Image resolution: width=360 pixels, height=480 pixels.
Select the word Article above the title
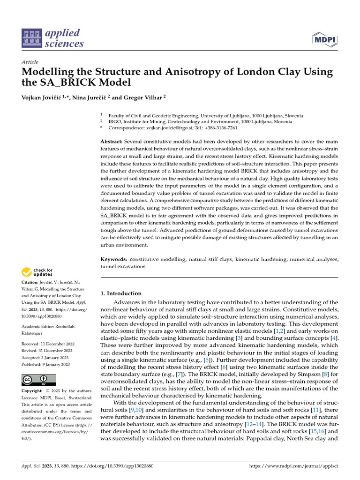30,62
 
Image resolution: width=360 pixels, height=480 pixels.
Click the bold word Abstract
112,141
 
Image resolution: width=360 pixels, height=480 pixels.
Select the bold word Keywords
114,259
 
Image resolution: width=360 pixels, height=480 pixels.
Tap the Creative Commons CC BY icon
39,380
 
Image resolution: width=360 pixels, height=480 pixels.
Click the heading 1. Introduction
121,293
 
